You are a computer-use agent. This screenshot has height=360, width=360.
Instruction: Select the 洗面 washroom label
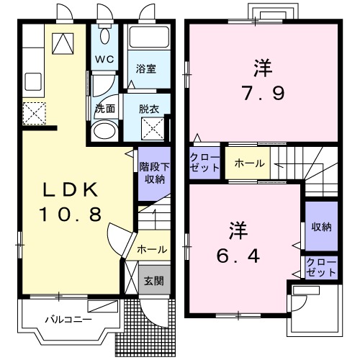tap(105, 109)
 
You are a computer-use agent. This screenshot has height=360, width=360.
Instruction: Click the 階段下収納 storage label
tap(153, 174)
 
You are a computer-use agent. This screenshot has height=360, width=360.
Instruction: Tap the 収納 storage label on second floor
tap(321, 228)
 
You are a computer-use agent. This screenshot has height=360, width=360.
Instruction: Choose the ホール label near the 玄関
tap(152, 250)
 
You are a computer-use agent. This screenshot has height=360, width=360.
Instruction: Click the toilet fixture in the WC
tap(106, 36)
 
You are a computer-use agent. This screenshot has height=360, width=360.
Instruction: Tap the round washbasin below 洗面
tap(106, 132)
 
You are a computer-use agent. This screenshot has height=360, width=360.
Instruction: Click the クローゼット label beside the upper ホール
tap(206, 162)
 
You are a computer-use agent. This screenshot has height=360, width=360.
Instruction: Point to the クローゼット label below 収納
tap(321, 267)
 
